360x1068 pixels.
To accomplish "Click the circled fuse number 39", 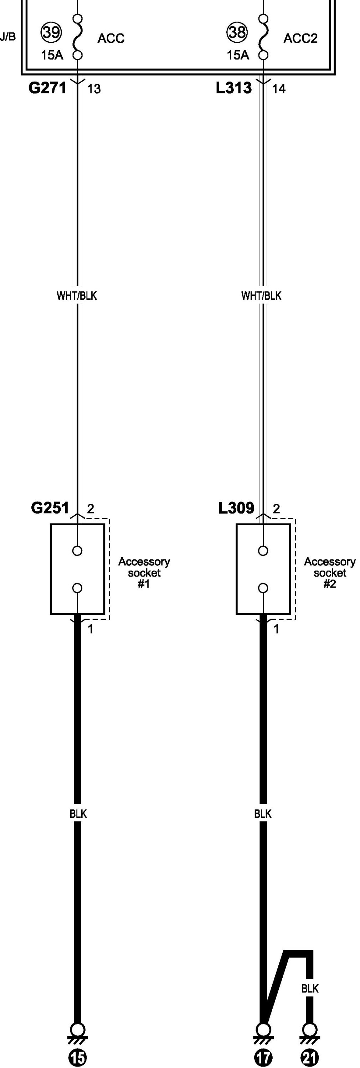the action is pos(51,32).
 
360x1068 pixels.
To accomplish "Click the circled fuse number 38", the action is pos(237,32).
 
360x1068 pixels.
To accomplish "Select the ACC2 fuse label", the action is pos(300,38).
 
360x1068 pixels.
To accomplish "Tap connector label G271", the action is pos(47,88).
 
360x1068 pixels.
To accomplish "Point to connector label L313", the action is pos(233,88).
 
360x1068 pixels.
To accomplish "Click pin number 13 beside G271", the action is pos(94,89).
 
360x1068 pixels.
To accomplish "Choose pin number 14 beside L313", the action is pos(279,89).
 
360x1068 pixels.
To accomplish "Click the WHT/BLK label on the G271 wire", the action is pos(77,296).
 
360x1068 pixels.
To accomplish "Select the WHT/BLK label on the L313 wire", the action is pos(261,296).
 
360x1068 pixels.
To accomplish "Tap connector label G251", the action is pos(50,508).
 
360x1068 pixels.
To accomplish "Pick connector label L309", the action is pos(236,508).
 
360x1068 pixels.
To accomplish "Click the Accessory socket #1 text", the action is pos(144,573).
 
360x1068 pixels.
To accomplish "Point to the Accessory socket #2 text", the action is pos(330,573).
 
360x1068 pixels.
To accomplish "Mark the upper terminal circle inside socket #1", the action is pos(77,551).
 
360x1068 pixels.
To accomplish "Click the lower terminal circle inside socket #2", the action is pos(263,588).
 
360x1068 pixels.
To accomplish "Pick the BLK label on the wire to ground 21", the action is pos(310,989).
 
